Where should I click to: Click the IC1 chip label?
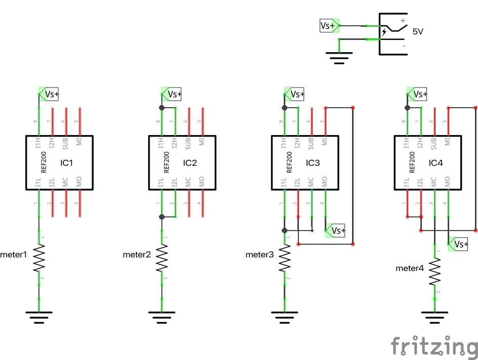pyautogui.click(x=67, y=163)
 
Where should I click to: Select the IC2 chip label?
pyautogui.click(x=190, y=163)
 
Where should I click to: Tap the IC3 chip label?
pyautogui.click(x=313, y=163)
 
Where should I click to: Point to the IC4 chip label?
pyautogui.click(x=436, y=163)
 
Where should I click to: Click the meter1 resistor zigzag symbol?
pyautogui.click(x=39, y=258)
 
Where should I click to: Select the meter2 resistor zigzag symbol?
pyautogui.click(x=162, y=258)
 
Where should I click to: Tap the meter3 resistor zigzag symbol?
pyautogui.click(x=285, y=258)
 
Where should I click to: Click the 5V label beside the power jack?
pyautogui.click(x=418, y=31)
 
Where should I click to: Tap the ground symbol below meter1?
pyautogui.click(x=39, y=317)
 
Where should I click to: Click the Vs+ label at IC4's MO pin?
pyautogui.click(x=459, y=244)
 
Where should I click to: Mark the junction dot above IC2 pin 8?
pyautogui.click(x=162, y=108)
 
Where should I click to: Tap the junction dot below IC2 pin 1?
pyautogui.click(x=162, y=217)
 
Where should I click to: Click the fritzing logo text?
pyautogui.click(x=434, y=347)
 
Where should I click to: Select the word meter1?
pyautogui.click(x=14, y=255)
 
